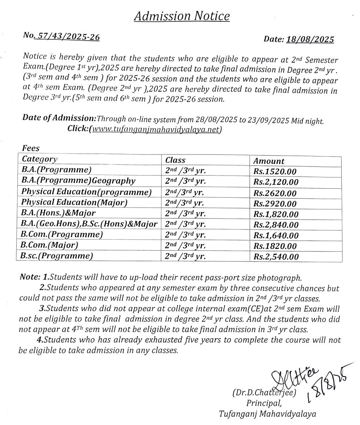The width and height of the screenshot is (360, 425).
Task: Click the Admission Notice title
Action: tap(182, 16)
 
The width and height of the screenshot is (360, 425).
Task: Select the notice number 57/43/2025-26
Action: tap(66, 37)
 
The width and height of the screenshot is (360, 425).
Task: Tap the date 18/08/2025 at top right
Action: tap(310, 39)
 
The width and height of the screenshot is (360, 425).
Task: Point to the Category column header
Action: tap(40, 159)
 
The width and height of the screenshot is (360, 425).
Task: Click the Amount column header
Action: tap(269, 161)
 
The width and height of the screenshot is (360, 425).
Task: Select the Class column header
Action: tap(175, 160)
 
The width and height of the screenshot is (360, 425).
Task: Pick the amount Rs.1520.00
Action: tap(275, 172)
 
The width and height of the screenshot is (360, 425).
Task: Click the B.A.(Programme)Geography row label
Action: tap(79, 181)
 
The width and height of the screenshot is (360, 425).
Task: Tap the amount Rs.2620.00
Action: tap(275, 193)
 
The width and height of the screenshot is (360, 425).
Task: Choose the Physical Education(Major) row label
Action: tap(74, 202)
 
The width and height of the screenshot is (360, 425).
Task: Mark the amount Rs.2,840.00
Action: tap(276, 225)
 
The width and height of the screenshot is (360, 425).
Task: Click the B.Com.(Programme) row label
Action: tap(62, 234)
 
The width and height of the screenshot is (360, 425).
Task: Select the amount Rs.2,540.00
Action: tap(276, 257)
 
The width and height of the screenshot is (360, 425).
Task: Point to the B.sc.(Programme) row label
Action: tap(57, 256)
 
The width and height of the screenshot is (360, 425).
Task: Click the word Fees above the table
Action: tap(31, 148)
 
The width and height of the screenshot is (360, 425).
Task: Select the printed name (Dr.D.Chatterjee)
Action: tap(265, 393)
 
